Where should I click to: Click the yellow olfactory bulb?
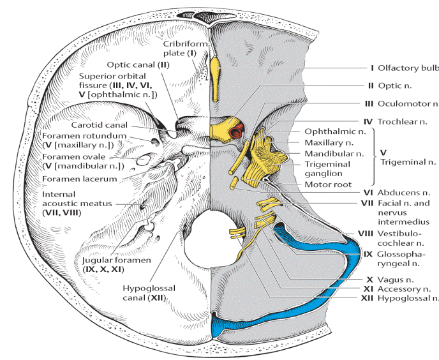[215, 79]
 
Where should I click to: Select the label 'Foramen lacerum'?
[80, 179]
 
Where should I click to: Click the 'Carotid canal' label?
[99, 125]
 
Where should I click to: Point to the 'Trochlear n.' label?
[403, 121]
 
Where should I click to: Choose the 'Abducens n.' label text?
[404, 193]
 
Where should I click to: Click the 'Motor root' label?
[328, 184]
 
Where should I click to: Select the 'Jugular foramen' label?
[117, 260]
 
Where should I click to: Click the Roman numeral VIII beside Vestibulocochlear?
[366, 234]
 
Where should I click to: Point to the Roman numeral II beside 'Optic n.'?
[371, 86]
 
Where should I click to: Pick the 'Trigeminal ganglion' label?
[327, 169]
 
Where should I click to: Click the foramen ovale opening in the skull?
[144, 160]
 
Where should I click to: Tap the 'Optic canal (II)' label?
[138, 64]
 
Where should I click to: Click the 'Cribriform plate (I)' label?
[185, 48]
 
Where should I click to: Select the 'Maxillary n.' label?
[329, 142]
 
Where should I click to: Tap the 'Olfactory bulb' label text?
[408, 68]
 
